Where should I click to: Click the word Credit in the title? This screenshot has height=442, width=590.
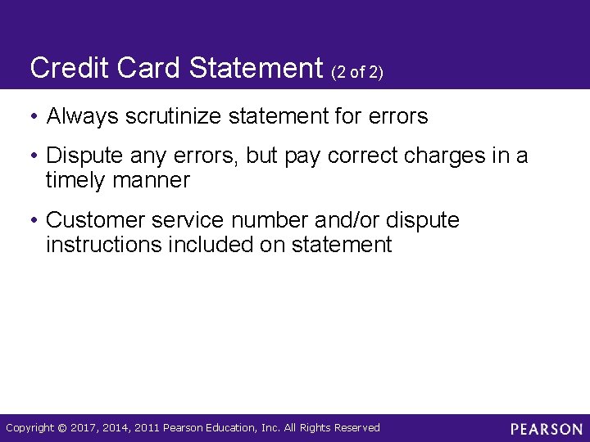67,68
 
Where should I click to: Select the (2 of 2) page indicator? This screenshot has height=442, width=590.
356,72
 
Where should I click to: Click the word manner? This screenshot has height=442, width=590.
152,180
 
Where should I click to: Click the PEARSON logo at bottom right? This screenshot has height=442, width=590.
546,429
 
